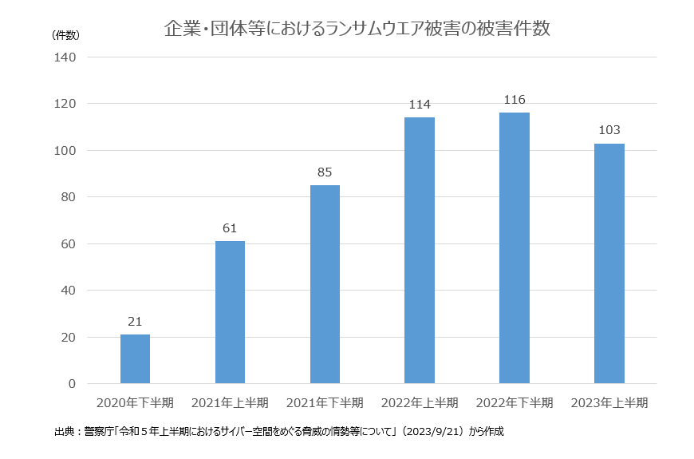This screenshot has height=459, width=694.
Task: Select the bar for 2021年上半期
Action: (230, 312)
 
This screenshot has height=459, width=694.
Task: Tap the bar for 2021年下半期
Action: (325, 284)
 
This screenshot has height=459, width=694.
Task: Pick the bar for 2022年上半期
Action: (420, 250)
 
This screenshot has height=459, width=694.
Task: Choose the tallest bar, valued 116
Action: (515, 247)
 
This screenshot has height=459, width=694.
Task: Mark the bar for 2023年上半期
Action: (609, 263)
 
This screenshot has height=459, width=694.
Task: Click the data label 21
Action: (135, 322)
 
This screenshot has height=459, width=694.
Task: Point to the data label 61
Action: (230, 228)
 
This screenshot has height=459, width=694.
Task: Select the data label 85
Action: (325, 172)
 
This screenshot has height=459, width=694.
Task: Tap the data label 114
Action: (420, 105)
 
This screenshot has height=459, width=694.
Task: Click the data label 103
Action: (609, 130)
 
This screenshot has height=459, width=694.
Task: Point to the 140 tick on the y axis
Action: (65, 57)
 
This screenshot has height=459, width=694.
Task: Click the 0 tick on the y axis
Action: (72, 384)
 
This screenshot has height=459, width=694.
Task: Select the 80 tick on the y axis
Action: (68, 197)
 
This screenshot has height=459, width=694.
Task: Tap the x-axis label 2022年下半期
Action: (515, 402)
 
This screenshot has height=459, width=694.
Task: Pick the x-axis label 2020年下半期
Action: (135, 402)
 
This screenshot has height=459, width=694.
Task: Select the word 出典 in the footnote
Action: (63, 432)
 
